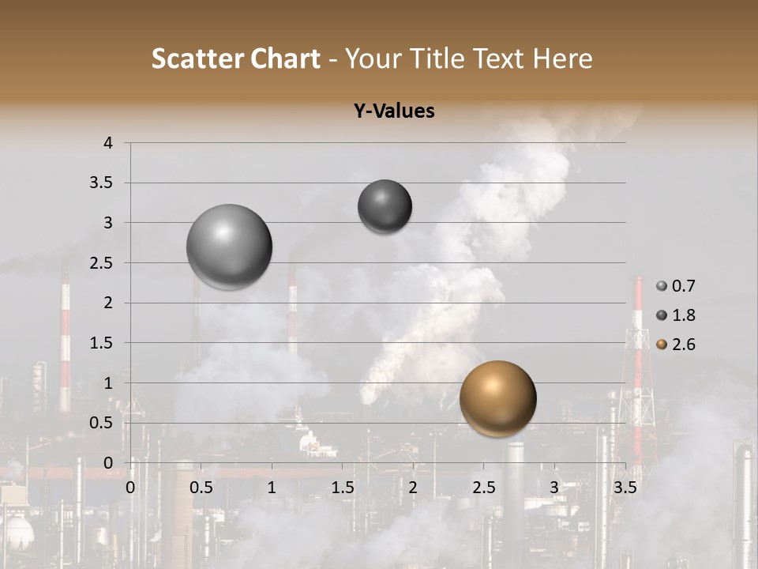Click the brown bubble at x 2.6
click(497, 398)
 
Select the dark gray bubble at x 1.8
click(385, 206)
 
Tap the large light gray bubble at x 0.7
click(229, 247)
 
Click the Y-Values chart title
click(394, 111)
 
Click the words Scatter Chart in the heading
click(235, 58)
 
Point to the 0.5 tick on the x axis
click(201, 487)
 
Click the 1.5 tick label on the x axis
click(342, 487)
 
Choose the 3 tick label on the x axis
click(553, 487)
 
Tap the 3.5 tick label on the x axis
click(625, 487)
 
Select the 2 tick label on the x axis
click(413, 487)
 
